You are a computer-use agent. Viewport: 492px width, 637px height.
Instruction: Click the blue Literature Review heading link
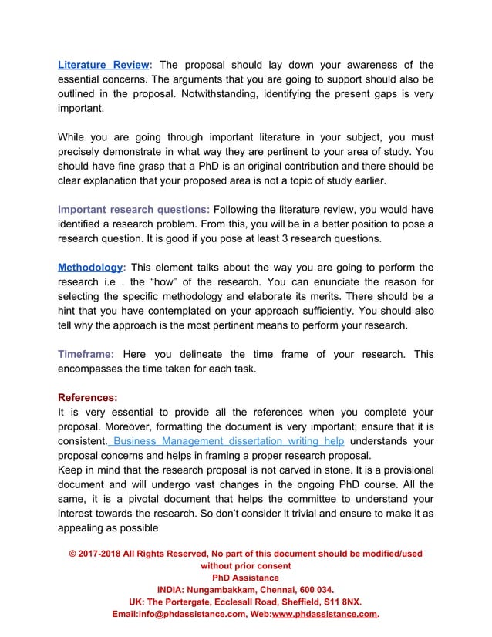[x=104, y=65]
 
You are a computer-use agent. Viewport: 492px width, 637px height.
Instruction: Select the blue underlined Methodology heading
[x=90, y=267]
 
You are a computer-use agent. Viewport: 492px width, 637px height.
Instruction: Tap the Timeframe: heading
[x=86, y=354]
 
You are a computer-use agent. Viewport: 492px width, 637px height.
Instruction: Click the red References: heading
[x=88, y=398]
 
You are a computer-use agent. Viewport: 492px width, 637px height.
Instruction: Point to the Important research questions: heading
[x=133, y=209]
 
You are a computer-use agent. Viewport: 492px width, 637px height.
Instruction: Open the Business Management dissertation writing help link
[x=229, y=442]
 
